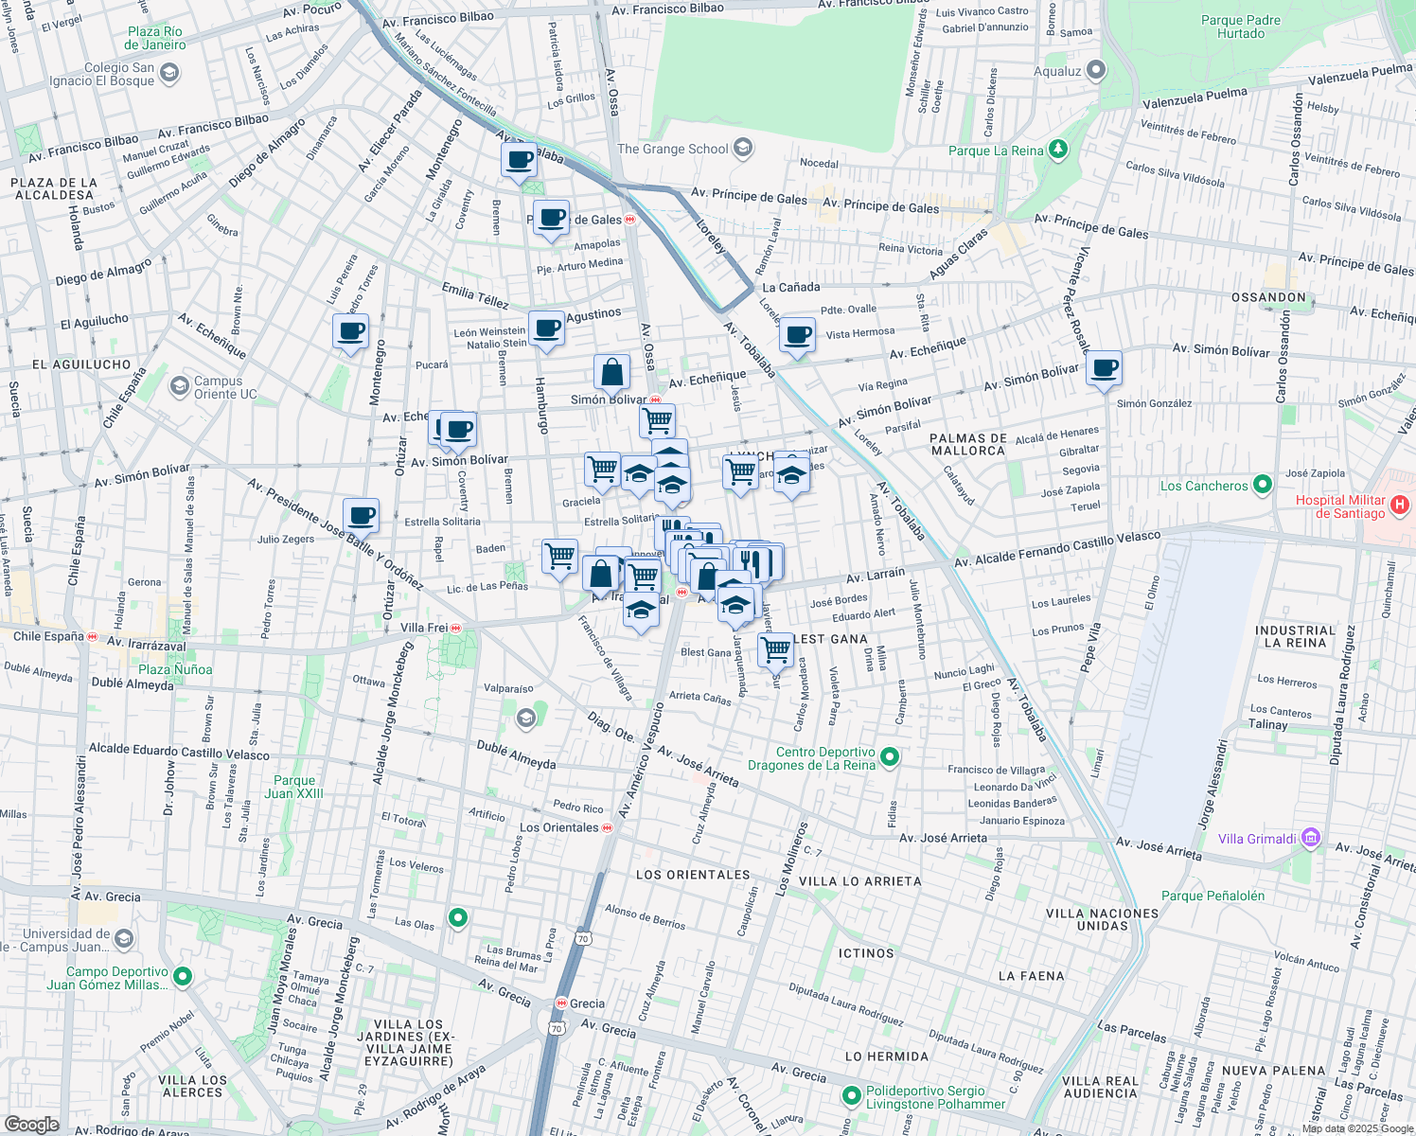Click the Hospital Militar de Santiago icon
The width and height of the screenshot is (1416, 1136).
tap(1402, 506)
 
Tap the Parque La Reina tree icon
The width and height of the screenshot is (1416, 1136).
tap(1058, 151)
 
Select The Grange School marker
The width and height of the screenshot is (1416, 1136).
tap(743, 148)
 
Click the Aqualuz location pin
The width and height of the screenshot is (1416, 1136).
tap(1096, 70)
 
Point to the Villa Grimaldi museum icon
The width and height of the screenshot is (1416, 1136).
tap(1311, 838)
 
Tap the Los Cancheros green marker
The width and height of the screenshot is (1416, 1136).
tap(1263, 486)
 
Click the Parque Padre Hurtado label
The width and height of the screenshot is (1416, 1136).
tap(1240, 27)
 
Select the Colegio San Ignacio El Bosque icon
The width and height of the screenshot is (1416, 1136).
tap(169, 73)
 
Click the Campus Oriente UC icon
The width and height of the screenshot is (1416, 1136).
tap(179, 386)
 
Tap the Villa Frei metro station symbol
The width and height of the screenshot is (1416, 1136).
tap(456, 628)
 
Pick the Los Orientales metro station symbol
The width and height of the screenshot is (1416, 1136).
tap(608, 827)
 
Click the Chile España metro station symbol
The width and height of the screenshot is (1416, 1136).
tap(92, 636)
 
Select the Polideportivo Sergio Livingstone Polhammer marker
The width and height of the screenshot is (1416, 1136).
tap(851, 1096)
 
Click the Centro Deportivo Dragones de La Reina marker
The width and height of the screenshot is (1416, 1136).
tap(889, 757)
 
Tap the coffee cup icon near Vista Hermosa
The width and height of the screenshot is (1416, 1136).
tap(797, 334)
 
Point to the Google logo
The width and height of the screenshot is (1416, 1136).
tap(31, 1124)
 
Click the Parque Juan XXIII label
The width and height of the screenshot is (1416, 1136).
tap(294, 788)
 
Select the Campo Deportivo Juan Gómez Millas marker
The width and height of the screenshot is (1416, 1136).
tap(184, 976)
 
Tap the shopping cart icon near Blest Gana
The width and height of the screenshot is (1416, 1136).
tap(775, 649)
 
